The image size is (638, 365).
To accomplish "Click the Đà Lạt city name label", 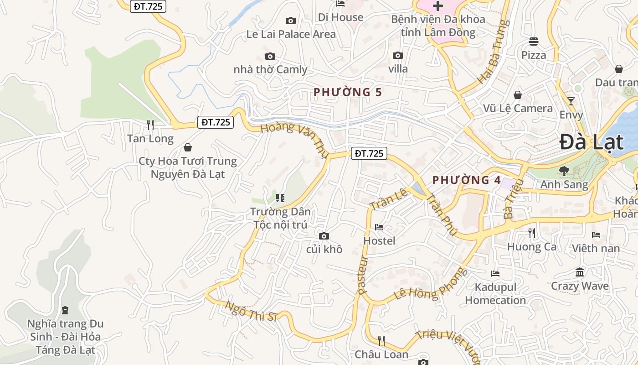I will point(591,142).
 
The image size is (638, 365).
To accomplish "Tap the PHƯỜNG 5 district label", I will point(347,92).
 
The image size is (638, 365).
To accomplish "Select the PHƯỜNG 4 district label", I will point(466,180).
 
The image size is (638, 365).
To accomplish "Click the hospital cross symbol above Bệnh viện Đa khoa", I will point(437,6).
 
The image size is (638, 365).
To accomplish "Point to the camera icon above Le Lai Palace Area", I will point(290,21).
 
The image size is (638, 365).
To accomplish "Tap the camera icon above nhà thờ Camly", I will point(270,57).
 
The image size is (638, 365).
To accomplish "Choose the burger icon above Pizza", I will point(534,42).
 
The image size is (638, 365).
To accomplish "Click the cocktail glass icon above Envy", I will point(571,101).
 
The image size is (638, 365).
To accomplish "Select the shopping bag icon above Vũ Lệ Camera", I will point(518,95).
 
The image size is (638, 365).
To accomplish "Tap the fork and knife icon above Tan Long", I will point(150,125).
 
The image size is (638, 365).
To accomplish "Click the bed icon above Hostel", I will point(379,227).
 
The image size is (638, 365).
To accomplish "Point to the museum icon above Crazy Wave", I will point(580,272).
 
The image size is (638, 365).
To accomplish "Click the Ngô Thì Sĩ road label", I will point(251,311).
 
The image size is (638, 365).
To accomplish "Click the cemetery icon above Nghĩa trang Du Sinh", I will point(65,311).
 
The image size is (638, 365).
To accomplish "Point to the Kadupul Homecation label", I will point(495,294).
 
